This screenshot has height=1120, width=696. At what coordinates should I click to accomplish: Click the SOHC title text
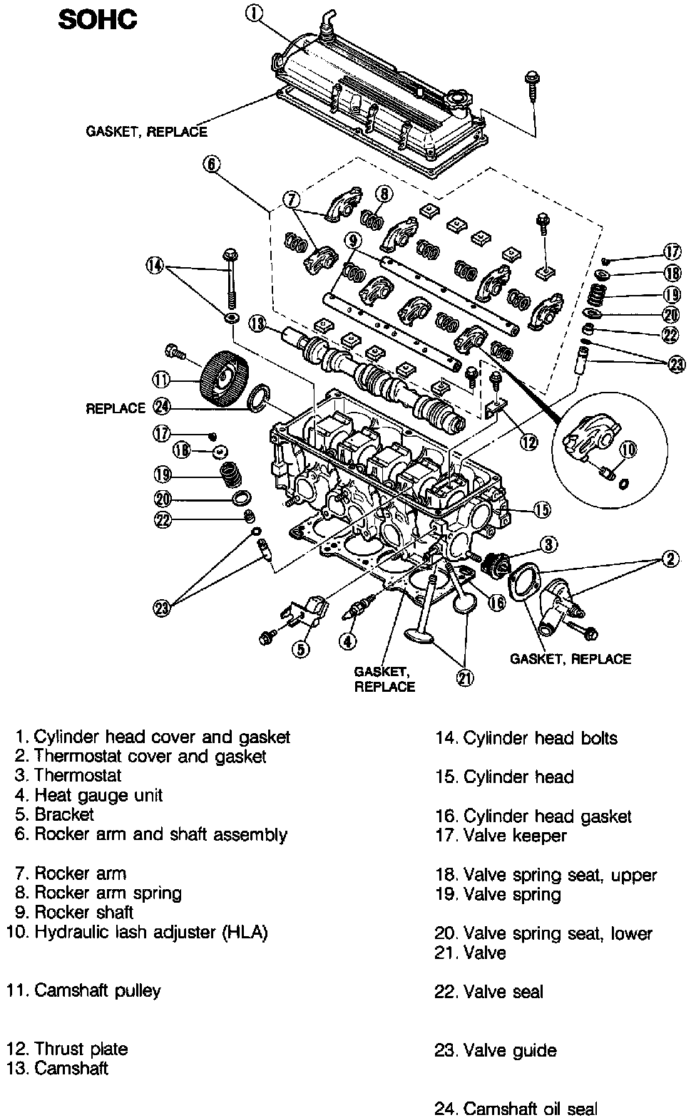tap(98, 20)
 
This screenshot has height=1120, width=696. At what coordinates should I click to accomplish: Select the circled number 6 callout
tap(211, 165)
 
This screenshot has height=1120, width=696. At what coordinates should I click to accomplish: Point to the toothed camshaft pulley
tap(225, 378)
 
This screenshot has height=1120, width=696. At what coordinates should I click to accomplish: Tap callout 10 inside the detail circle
tap(628, 450)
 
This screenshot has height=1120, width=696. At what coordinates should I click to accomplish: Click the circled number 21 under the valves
tap(464, 678)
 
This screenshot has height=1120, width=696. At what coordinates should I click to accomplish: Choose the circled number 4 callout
tap(347, 641)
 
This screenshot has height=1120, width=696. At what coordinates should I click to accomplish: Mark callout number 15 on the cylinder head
tap(542, 509)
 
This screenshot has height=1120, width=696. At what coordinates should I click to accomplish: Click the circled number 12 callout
tap(528, 442)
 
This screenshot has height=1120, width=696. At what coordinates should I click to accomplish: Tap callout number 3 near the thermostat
tap(548, 545)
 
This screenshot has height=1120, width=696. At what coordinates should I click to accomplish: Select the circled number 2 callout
tap(670, 559)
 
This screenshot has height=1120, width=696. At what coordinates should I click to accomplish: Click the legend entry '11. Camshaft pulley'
tap(84, 990)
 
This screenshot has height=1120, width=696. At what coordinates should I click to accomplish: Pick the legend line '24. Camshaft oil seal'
tap(516, 1109)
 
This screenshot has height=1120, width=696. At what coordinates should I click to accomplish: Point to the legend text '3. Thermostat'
tap(68, 775)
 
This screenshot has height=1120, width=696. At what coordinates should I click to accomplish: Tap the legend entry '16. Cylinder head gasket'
tap(533, 816)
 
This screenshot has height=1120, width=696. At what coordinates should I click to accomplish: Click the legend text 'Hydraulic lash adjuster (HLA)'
tap(150, 932)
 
